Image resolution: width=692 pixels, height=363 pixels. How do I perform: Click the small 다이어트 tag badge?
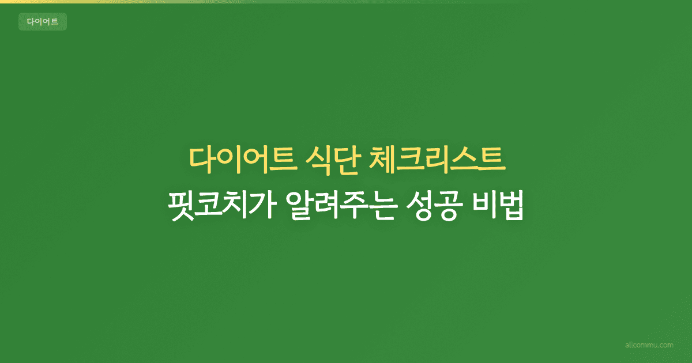(43, 22)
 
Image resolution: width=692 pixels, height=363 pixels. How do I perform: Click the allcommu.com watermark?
(649, 345)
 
